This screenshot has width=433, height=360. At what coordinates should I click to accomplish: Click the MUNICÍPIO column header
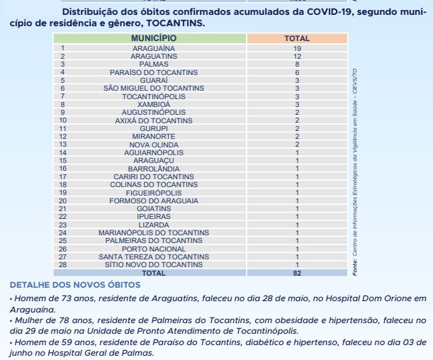tap(154, 38)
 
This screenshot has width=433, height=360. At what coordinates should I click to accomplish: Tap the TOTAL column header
tap(297, 38)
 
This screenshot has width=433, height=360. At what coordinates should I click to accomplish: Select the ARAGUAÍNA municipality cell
tap(154, 47)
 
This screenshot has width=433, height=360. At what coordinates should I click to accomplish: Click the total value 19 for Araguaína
tap(297, 47)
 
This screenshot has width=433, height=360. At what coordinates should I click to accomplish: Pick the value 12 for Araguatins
tap(297, 56)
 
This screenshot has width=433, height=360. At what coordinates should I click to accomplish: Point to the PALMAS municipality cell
tap(154, 64)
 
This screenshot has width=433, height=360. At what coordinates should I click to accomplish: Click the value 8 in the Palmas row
tap(297, 64)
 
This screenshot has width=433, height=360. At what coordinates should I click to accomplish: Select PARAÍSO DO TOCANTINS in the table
tap(154, 72)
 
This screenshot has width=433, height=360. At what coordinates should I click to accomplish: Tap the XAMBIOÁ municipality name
tap(154, 104)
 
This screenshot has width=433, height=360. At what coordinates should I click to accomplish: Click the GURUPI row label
tap(154, 128)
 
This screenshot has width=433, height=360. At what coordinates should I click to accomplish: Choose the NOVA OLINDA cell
tap(154, 144)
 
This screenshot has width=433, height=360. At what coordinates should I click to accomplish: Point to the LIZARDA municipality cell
tap(154, 225)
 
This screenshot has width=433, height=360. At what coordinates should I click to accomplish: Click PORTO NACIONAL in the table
tap(154, 249)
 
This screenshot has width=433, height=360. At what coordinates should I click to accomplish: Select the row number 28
tap(62, 264)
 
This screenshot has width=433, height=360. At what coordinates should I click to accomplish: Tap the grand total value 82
tap(297, 273)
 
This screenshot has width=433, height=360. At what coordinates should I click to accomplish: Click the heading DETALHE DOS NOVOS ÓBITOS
tap(75, 285)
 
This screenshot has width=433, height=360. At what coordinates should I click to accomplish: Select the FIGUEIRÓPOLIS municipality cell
tap(154, 192)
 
